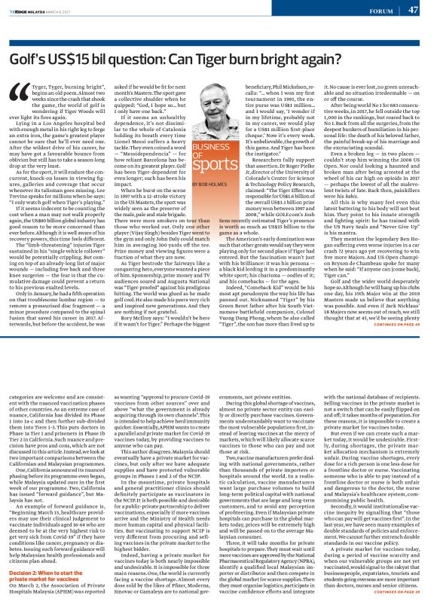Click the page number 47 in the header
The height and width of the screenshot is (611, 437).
[413, 10]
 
